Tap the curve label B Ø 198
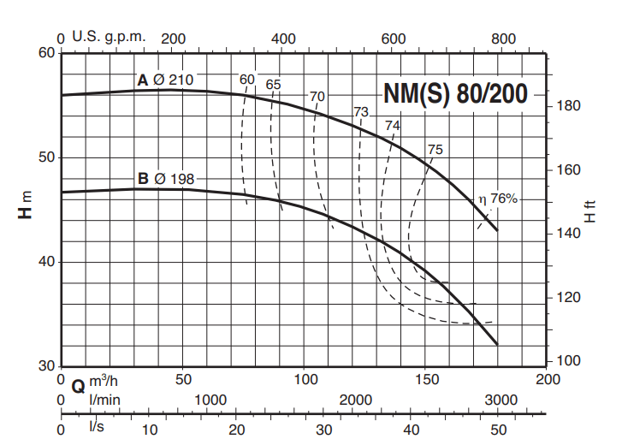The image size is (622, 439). point(166,179)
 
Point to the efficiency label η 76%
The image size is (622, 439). point(499,199)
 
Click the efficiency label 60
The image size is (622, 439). point(247,80)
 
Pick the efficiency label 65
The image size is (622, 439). point(273,84)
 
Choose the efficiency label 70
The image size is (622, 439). point(317,95)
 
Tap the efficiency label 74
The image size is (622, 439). point(392,125)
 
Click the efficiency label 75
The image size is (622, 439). point(435,150)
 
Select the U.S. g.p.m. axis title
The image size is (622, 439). point(110,38)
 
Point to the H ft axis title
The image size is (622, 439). point(589,211)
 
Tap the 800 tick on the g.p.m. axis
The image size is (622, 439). point(503,39)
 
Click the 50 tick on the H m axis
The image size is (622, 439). point(44,157)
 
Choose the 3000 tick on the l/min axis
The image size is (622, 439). point(501,400)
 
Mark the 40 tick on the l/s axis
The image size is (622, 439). point(411,430)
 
